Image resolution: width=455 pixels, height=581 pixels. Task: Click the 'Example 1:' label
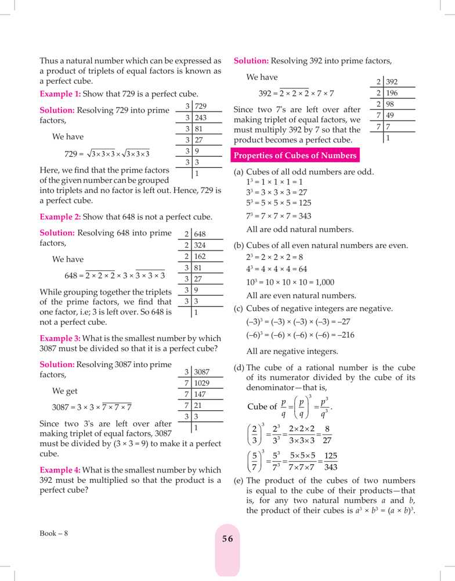tap(60, 94)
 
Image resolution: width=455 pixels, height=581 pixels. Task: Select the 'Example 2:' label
tap(60, 217)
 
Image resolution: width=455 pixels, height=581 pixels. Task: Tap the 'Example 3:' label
tap(60, 338)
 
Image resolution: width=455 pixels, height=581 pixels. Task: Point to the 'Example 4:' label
tap(60, 469)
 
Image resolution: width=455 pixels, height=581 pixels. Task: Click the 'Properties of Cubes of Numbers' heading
tap(295, 156)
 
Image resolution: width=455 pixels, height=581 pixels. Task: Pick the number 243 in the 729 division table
tap(201, 118)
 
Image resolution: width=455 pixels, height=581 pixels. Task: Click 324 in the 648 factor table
tap(200, 245)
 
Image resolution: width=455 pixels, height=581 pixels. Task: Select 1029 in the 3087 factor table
tap(201, 383)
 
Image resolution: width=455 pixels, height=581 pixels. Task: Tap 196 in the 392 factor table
tap(392, 93)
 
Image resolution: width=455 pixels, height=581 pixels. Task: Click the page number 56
tap(228, 539)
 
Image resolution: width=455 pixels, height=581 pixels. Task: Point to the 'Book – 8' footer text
tap(54, 533)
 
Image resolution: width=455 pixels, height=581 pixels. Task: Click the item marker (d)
tap(239, 367)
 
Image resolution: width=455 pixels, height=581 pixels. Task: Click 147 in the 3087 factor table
tap(200, 394)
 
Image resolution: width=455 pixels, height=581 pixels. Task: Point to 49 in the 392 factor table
tap(391, 115)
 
